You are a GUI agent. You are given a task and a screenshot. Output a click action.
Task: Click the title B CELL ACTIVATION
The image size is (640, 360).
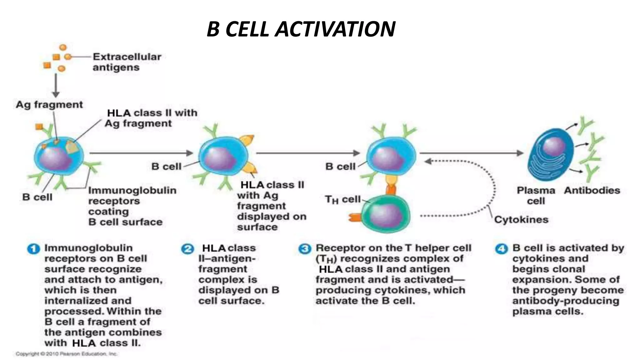tap(301, 29)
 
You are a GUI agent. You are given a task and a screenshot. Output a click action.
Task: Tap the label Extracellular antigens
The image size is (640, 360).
tap(127, 62)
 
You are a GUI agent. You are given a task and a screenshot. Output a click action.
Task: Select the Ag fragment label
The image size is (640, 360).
tap(49, 105)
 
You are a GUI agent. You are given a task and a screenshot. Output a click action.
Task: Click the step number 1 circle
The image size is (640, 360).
tap(33, 249)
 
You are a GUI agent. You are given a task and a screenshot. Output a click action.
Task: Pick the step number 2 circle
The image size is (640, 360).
tap(187, 249)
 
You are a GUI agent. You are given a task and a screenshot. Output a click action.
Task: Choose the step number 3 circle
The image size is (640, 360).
tap(305, 249)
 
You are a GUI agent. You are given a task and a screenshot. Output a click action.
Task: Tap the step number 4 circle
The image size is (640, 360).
tap(502, 249)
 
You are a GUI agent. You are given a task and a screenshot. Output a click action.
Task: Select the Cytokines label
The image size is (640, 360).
tap(521, 219)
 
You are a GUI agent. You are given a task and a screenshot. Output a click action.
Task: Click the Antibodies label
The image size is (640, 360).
tap(592, 190)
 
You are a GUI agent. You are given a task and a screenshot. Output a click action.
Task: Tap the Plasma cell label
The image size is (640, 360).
tap(536, 195)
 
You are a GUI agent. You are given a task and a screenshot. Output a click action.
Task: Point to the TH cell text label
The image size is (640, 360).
tap(342, 199)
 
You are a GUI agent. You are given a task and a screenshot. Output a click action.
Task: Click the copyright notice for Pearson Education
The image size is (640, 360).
tap(66, 354)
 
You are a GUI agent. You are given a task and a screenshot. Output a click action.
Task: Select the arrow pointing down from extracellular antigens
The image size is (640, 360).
tap(56, 85)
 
